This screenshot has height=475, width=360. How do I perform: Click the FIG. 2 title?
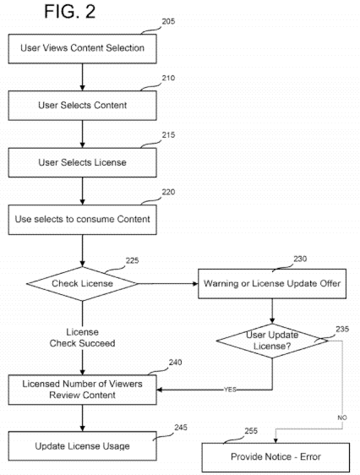[x=70, y=12]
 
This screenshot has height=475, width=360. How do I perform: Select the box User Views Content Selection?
[x=82, y=48]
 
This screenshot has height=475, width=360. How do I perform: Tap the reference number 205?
[x=168, y=21]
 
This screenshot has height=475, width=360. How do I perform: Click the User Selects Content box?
[x=82, y=106]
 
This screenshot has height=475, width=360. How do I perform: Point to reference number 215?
[x=168, y=134]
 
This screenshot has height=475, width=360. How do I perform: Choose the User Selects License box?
[x=82, y=162]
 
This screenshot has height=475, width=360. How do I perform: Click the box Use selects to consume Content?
[x=82, y=220]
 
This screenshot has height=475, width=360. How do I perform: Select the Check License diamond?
[x=82, y=284]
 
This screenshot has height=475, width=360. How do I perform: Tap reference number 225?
[x=133, y=260]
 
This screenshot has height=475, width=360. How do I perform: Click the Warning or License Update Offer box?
[x=272, y=283]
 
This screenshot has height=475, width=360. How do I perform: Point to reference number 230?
[x=300, y=259]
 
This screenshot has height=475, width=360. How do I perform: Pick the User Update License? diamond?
[x=272, y=341]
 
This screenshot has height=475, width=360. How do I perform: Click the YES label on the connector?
[x=230, y=390]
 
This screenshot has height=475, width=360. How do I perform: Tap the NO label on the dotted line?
[x=342, y=418]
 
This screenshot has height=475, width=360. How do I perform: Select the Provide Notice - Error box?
[x=275, y=457]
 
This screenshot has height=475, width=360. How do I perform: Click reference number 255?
[x=251, y=431]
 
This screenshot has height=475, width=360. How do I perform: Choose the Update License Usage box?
[x=82, y=446]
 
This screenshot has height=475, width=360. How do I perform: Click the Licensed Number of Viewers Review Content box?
[x=82, y=390]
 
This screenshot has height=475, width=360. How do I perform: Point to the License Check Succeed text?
[x=82, y=338]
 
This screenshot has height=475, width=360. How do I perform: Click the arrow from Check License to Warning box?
[x=168, y=283]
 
